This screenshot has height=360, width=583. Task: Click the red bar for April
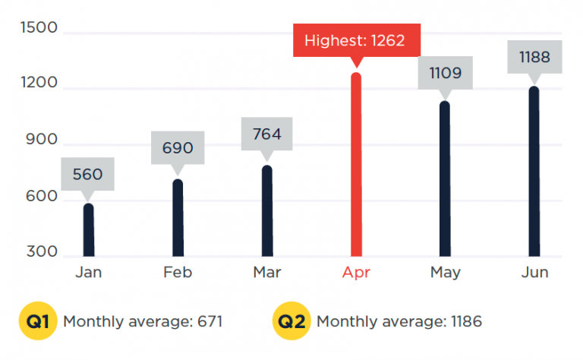coord(356,164)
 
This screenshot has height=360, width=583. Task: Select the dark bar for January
coord(89,230)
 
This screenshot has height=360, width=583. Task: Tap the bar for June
coord(534,172)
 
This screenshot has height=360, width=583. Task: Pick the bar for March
coord(267,211)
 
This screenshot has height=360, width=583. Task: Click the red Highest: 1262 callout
coord(357,40)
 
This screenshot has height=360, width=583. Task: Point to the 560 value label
coord(88,174)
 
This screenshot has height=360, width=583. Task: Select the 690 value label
coord(178,147)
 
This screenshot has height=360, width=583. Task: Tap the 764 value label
coord(267,134)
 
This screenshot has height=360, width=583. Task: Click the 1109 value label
coord(446,73)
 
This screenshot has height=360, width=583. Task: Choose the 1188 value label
coord(534,57)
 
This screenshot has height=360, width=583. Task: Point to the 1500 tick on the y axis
coord(39,27)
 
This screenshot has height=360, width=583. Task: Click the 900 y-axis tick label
coord(42,140)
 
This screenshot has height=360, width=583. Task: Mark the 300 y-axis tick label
coord(42,251)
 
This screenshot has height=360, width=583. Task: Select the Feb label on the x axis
coord(178,272)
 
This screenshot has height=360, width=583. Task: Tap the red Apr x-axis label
coord(356,273)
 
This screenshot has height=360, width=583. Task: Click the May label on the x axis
coord(446,273)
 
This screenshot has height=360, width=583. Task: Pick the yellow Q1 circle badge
coord(38,321)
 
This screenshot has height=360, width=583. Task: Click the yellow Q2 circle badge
coord(291,321)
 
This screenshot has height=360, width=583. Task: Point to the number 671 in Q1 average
coord(210,321)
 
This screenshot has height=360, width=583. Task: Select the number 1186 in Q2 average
coord(466,321)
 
